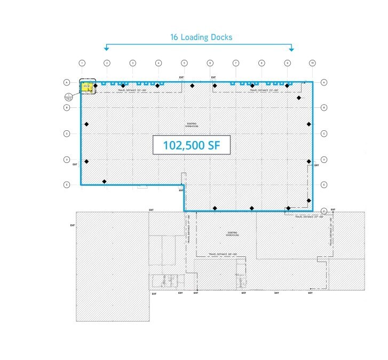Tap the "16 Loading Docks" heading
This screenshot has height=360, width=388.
click(x=201, y=37)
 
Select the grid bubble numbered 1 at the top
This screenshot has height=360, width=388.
click(x=82, y=63)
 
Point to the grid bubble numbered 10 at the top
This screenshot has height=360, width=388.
click(x=313, y=63)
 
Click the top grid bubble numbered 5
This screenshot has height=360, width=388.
click(x=184, y=63)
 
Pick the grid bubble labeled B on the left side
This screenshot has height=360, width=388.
click(x=67, y=108)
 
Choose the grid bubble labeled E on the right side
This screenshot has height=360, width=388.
click(x=324, y=185)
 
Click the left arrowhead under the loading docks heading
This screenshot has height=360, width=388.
click(x=107, y=49)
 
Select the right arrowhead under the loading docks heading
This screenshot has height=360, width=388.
click(x=291, y=49)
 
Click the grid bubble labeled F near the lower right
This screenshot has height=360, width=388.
click(x=324, y=210)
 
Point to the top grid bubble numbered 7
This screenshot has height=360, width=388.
click(x=236, y=63)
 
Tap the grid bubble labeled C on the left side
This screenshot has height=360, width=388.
click(x=67, y=134)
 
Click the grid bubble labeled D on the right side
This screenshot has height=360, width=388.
click(x=324, y=159)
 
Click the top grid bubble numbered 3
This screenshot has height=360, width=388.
click(x=132, y=63)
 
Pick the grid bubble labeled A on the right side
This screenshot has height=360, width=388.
click(x=324, y=82)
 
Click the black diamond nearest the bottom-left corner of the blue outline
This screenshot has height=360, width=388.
click(x=105, y=182)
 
